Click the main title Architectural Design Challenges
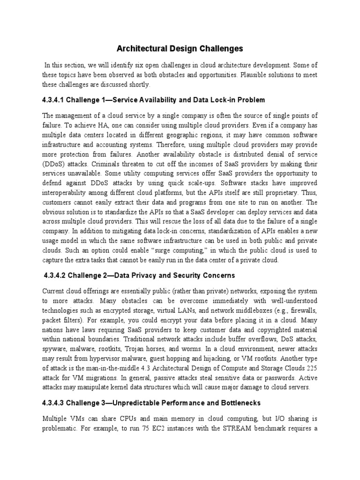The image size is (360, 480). point(180,48)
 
